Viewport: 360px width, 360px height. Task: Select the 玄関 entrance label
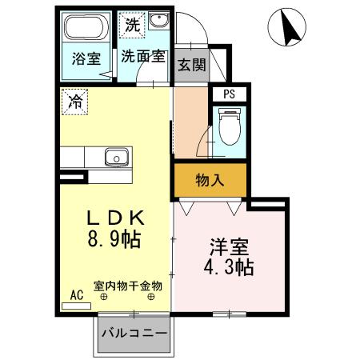click(192, 65)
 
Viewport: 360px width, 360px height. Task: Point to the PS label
click(230, 94)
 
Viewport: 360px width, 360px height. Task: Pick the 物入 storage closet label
click(210, 181)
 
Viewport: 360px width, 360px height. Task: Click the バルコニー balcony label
click(134, 332)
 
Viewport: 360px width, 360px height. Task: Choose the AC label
click(78, 294)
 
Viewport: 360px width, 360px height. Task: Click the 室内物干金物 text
click(128, 285)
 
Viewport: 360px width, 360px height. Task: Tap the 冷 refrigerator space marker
click(74, 102)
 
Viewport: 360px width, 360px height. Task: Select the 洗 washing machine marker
click(132, 25)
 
